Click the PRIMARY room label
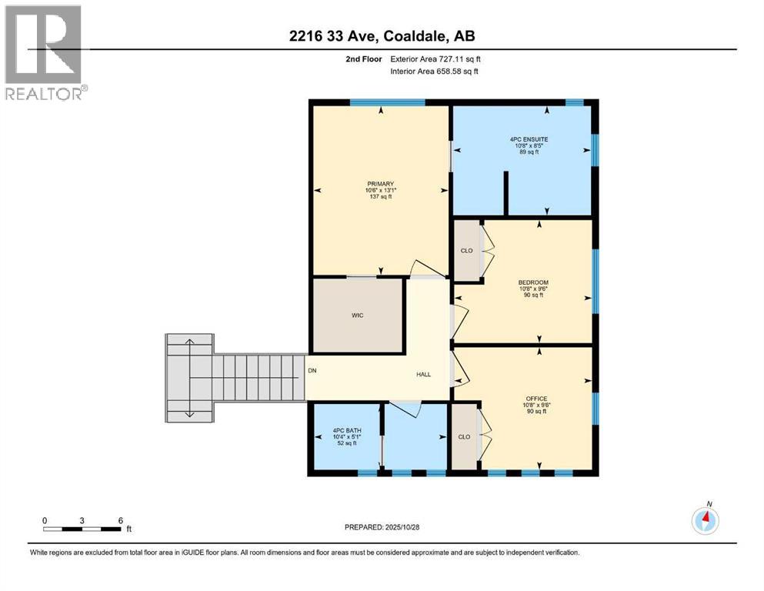[x=380, y=183]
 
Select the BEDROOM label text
[x=533, y=282]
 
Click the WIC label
[x=357, y=316]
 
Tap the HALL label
[x=423, y=375]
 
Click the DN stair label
[x=312, y=371]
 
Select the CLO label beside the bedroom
[x=466, y=250]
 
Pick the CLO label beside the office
[x=464, y=436]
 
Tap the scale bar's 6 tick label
[x=121, y=519]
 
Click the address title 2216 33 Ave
[x=382, y=36]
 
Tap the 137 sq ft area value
[x=380, y=197]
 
